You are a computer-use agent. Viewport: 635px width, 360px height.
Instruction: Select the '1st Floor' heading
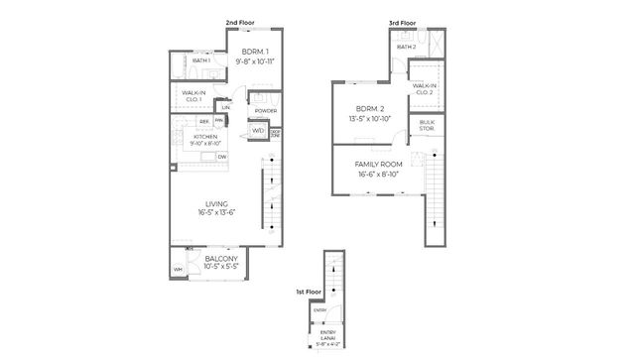point(307,293)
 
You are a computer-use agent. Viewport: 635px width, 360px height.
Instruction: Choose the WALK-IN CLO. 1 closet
point(193,96)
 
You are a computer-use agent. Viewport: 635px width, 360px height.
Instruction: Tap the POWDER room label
point(265,110)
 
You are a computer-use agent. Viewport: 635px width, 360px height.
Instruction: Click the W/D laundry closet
point(257,131)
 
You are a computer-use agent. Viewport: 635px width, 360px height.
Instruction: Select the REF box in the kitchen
point(203,121)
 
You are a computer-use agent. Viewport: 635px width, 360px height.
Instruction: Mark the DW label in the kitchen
point(222,157)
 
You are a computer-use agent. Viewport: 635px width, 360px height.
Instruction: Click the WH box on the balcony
point(179,270)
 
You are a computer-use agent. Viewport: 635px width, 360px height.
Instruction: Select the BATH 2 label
point(406,47)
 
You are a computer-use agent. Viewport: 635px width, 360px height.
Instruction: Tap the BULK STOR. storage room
point(428,124)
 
